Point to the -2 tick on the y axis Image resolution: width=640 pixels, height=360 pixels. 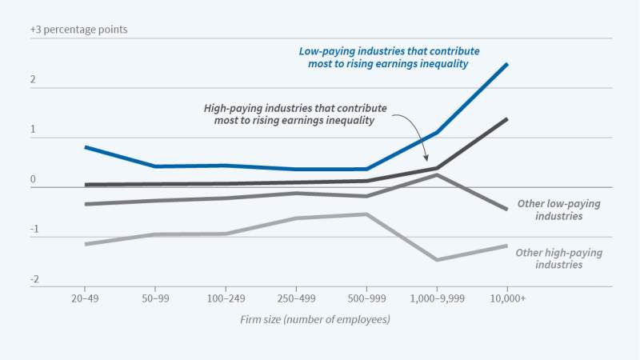coord(34,279)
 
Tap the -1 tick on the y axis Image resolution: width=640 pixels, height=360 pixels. coord(34,230)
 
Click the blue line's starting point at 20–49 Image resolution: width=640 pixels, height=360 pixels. coord(84,147)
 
